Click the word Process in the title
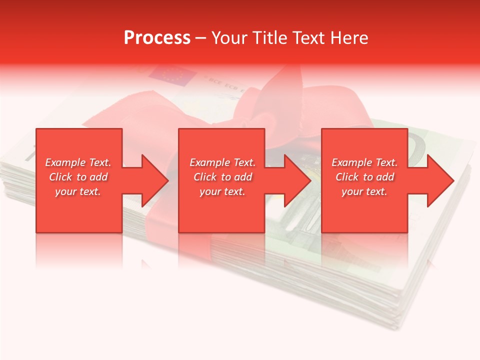[157, 38]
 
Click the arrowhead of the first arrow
[155, 180]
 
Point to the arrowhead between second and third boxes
[297, 180]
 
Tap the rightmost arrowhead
[440, 180]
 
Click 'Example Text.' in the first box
[78, 162]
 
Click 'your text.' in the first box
[78, 191]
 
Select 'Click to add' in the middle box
[222, 177]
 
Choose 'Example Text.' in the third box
[364, 162]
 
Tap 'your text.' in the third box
[364, 191]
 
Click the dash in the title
[200, 38]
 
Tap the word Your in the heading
[229, 38]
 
